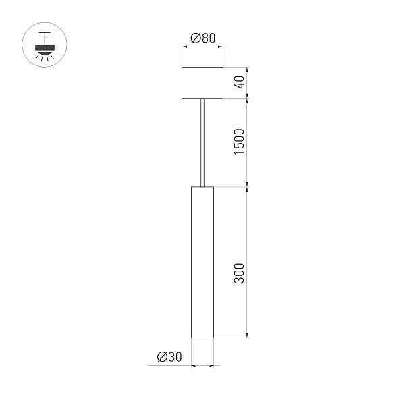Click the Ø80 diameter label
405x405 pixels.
tap(202, 38)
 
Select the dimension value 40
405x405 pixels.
tap(238, 83)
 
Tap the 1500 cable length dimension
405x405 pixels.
tap(238, 141)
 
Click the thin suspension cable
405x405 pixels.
tap(202, 142)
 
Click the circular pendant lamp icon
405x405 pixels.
tap(45, 45)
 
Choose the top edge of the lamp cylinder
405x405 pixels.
tap(202, 186)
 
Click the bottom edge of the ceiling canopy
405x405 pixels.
tap(202, 99)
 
